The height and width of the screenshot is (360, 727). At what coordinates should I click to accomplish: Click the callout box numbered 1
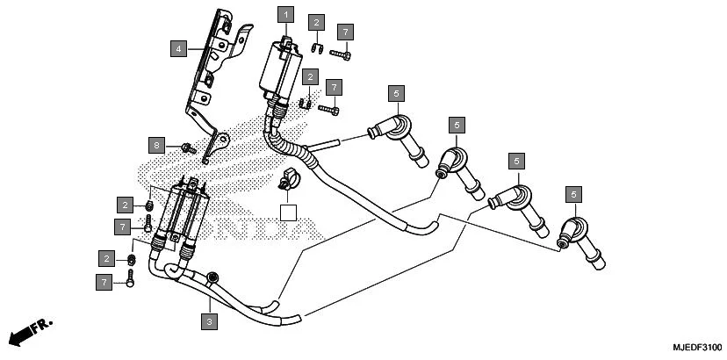tap(284, 14)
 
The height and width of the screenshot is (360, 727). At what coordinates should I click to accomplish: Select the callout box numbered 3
tap(208, 323)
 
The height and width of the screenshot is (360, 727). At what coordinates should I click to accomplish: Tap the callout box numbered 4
tap(178, 48)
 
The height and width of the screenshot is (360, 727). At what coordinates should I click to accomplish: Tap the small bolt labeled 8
tap(187, 148)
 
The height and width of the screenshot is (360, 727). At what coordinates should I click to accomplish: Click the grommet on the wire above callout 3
tap(212, 279)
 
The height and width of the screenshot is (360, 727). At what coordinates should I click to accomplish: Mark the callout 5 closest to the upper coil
tap(396, 93)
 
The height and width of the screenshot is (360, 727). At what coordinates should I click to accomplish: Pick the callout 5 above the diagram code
tap(573, 193)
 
